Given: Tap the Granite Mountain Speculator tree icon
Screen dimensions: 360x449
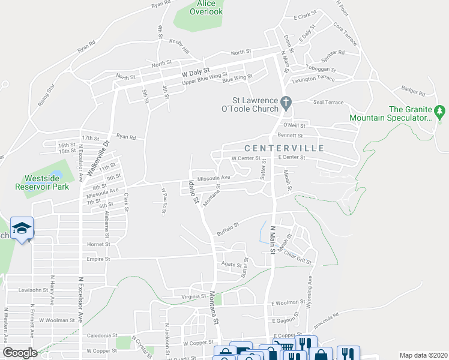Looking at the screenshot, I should point(441,110).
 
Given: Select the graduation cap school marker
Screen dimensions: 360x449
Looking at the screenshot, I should point(22,228).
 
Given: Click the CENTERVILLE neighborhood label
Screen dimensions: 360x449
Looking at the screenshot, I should point(284,148).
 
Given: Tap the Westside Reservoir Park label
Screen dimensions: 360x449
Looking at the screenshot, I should point(42,182).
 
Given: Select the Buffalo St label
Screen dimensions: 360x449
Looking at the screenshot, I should point(228,229).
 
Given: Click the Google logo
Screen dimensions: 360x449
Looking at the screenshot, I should point(20,353).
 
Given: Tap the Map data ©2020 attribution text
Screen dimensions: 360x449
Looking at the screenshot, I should point(423,355).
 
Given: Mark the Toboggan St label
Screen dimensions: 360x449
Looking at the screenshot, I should point(321,68).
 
